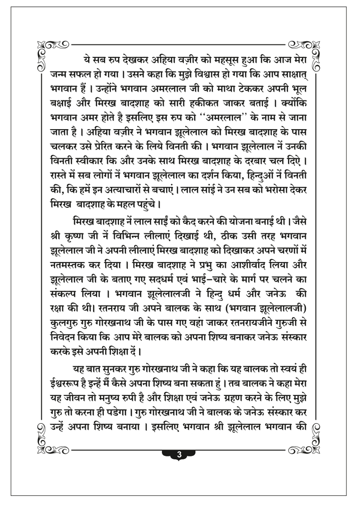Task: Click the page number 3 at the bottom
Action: (179, 455)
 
